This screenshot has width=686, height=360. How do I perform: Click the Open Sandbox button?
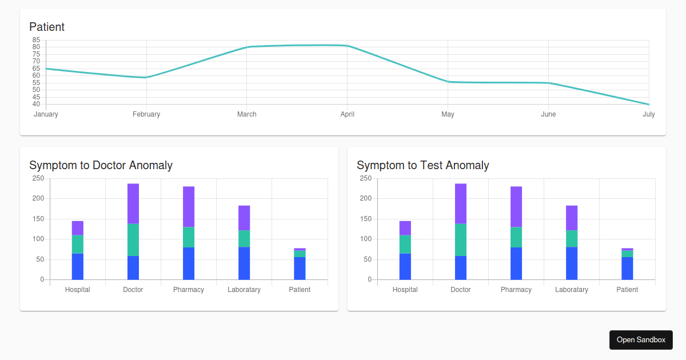coord(641,339)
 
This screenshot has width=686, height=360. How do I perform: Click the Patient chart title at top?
coord(47,27)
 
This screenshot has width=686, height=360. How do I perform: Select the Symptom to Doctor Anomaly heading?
coord(101,165)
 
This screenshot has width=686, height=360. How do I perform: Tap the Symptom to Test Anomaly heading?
coord(422,165)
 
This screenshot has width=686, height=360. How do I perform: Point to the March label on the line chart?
coord(247,114)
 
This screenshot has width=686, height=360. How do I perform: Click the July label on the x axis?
coord(648,114)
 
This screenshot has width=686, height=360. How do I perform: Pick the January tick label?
coord(46,114)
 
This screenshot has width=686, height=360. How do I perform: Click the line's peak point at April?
coord(347,46)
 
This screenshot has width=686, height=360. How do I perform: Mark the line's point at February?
coord(146,77)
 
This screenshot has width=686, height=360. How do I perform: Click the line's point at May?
coord(448,82)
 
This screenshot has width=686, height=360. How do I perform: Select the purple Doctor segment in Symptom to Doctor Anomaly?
coord(133,203)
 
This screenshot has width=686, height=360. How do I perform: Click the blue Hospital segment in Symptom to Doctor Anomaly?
coord(78,266)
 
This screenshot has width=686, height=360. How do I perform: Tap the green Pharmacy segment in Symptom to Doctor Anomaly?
coord(189,237)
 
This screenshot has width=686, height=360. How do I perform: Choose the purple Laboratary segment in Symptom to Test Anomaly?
coord(572,218)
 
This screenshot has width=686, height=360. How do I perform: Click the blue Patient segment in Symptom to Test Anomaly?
coord(627,268)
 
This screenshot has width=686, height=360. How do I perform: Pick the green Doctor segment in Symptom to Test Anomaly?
coord(461,239)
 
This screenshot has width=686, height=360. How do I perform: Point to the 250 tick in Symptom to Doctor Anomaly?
coord(38,178)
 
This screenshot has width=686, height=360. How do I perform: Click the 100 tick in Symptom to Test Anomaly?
coord(366,239)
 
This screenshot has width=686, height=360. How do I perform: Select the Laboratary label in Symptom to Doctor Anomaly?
coord(244,290)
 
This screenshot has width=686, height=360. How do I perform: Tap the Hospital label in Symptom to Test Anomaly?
coord(405,290)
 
